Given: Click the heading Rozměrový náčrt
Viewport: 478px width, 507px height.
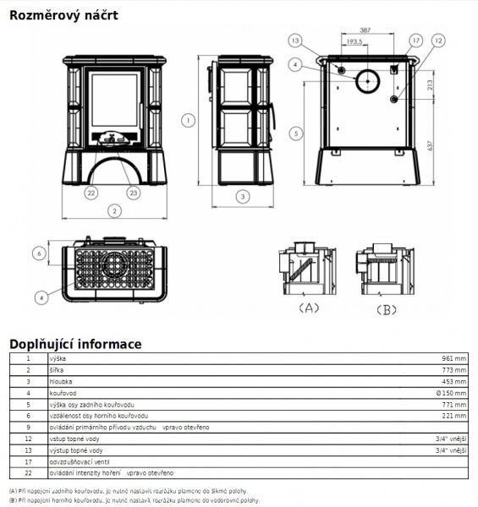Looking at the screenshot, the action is point(63,15).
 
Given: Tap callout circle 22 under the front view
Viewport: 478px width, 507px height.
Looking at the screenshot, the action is point(91,193).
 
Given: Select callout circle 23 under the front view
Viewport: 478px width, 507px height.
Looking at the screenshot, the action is point(134,193).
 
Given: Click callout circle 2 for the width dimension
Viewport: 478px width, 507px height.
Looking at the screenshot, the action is point(114,211).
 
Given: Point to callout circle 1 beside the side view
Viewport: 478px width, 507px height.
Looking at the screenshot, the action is point(188,121).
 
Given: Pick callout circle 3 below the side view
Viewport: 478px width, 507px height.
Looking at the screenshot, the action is point(243,196).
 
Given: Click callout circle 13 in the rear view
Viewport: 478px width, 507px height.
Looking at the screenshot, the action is point(295,41).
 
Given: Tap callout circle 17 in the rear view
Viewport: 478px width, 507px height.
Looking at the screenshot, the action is point(416,41).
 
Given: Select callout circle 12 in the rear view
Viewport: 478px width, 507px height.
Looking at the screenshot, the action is point(438,41).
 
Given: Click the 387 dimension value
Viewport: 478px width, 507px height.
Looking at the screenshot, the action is point(365,30).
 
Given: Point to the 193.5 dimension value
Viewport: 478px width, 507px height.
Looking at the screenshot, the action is point(354,41).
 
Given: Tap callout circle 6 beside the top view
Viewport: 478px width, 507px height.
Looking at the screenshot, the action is point(39,253).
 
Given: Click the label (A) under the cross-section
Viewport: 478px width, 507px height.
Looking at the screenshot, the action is point(309,308).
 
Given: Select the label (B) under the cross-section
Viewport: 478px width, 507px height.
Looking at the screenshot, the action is point(387,310).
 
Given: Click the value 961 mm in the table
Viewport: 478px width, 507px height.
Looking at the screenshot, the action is point(454,358).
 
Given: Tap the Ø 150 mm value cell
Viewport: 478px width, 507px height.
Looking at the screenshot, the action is point(451,393).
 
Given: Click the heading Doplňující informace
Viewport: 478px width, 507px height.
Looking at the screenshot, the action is point(75,344).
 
